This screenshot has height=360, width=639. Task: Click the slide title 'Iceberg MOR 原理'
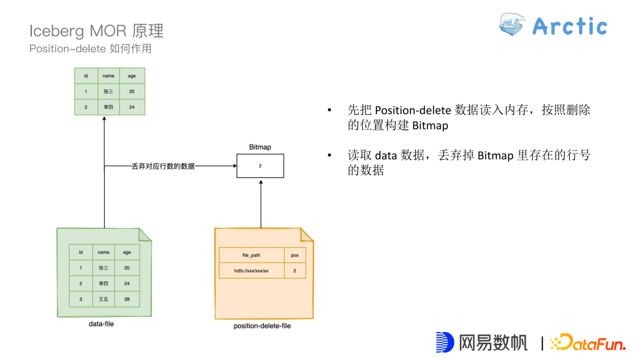click(x=96, y=31)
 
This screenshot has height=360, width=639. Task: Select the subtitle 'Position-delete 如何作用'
click(x=91, y=49)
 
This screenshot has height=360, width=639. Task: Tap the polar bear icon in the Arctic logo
click(x=512, y=25)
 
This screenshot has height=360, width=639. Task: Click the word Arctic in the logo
click(x=570, y=26)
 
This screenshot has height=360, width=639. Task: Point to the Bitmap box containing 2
click(x=260, y=166)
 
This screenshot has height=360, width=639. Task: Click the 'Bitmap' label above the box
click(x=260, y=147)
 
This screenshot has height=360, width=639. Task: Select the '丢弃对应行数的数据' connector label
click(x=163, y=166)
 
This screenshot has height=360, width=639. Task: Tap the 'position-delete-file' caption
click(x=262, y=326)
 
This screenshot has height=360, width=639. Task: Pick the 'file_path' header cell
click(x=251, y=255)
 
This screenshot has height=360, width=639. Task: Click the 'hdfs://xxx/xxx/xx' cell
click(x=251, y=271)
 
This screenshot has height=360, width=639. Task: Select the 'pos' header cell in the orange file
click(x=295, y=255)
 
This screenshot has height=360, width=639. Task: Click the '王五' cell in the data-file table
click(x=103, y=299)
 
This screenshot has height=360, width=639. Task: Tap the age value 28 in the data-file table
click(x=127, y=299)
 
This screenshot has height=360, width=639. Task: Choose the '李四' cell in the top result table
click(x=108, y=107)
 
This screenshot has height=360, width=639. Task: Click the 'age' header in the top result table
click(x=132, y=76)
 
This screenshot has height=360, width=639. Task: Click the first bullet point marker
click(x=330, y=111)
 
